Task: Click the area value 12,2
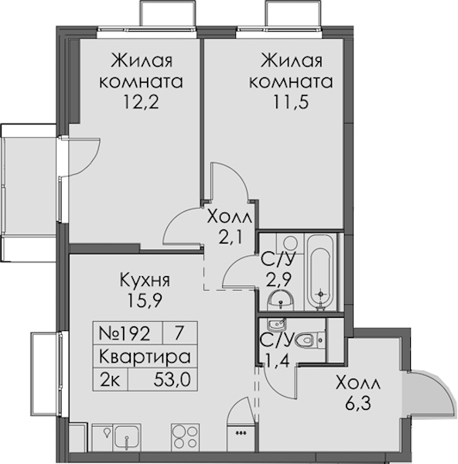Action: pos(142,102)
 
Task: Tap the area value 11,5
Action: pos(291,102)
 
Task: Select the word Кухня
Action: pos(145,280)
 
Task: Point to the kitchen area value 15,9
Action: pos(145,301)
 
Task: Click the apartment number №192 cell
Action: pos(128,333)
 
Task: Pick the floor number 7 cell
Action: pos(179,333)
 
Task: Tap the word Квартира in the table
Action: pos(145,357)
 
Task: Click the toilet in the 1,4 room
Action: pos(310,340)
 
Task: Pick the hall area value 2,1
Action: pos(230,237)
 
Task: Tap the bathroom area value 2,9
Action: pos(278,280)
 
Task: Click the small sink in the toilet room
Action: pos(276,326)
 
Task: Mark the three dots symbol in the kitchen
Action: pos(241,434)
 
